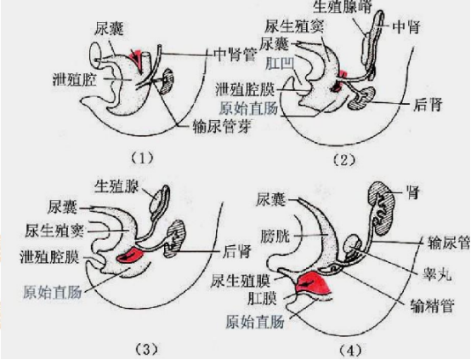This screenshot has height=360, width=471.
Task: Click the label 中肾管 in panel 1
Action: [235, 54]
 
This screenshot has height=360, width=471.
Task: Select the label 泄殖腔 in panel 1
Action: [75, 79]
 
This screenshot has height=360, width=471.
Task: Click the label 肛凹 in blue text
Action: [280, 64]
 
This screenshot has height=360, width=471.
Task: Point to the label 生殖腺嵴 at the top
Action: [343, 7]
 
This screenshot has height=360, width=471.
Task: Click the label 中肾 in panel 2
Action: [406, 27]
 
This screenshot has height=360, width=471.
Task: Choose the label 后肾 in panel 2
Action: [428, 105]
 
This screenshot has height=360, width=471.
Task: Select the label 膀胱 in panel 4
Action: [275, 236]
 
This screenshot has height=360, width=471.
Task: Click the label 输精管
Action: [432, 306]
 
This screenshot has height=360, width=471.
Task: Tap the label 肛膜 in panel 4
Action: [262, 299]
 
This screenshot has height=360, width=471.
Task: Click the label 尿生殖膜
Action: [241, 281]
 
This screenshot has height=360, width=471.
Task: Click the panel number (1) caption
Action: [142, 157]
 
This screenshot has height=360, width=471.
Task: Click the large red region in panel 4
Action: [312, 284]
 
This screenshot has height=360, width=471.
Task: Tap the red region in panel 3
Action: [131, 256]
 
